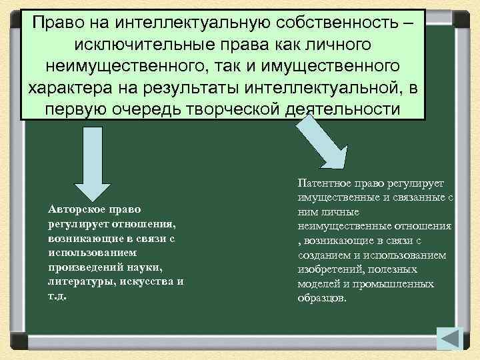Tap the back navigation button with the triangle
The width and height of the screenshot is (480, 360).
pos(451,339)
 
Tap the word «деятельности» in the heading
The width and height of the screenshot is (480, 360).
pos(342,109)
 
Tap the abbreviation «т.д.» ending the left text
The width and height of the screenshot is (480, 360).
pos(59,295)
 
